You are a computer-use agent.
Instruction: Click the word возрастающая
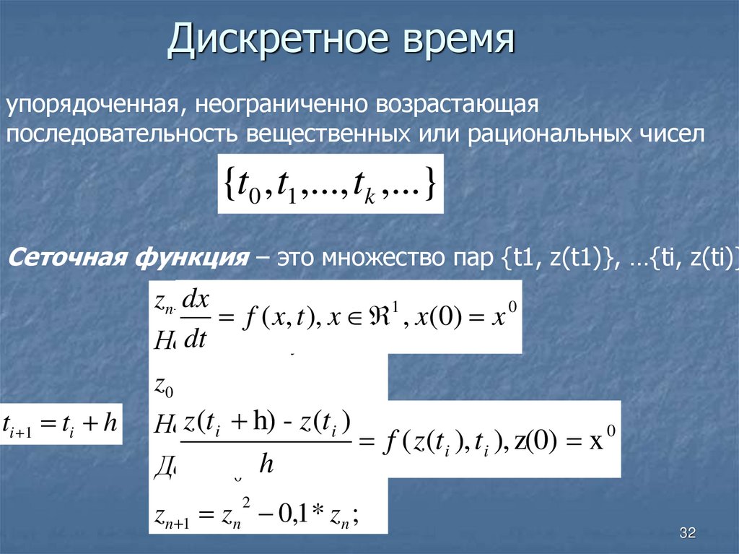[x=457, y=105]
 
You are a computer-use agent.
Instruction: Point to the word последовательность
[x=123, y=134]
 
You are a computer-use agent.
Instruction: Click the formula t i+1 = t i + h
[x=60, y=423]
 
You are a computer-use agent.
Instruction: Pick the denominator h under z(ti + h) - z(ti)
[x=266, y=463]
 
